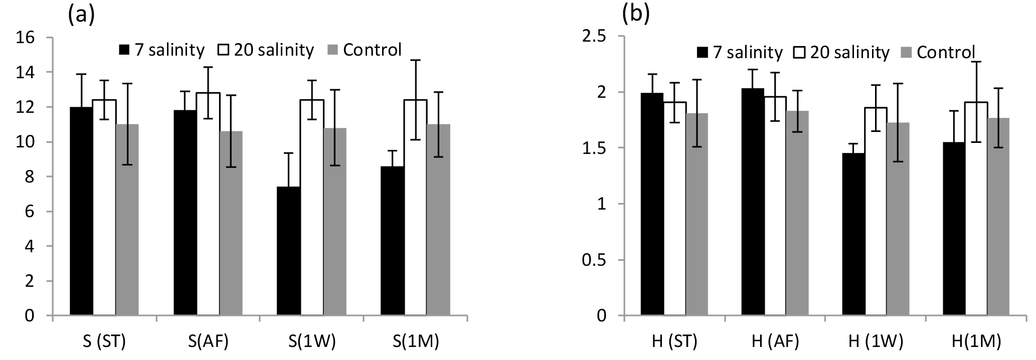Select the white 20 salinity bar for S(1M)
pyautogui.click(x=415, y=208)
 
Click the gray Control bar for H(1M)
pyautogui.click(x=996, y=217)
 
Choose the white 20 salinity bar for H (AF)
pyautogui.click(x=775, y=206)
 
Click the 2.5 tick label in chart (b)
pyautogui.click(x=596, y=37)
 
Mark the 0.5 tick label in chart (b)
pyautogui.click(x=596, y=260)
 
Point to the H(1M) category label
pyautogui.click(x=976, y=342)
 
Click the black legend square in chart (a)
pyautogui.click(x=124, y=50)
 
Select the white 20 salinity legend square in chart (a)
pyautogui.click(x=223, y=50)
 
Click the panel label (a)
pyautogui.click(x=81, y=15)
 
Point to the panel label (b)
pyautogui.click(x=635, y=15)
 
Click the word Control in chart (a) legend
pyautogui.click(x=372, y=50)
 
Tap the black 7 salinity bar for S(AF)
pyautogui.click(x=185, y=213)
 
